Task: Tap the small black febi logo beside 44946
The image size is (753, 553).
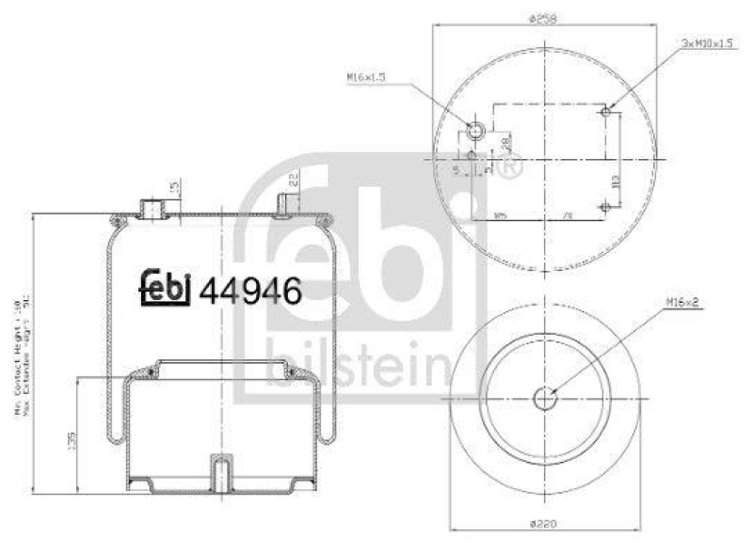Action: pos(167,288)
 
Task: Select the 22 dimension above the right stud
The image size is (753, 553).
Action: pos(294,179)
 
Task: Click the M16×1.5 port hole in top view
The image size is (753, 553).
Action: pos(477,129)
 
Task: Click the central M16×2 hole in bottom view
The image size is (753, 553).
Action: pos(545,398)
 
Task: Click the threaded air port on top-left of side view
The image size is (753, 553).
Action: pos(150,207)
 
